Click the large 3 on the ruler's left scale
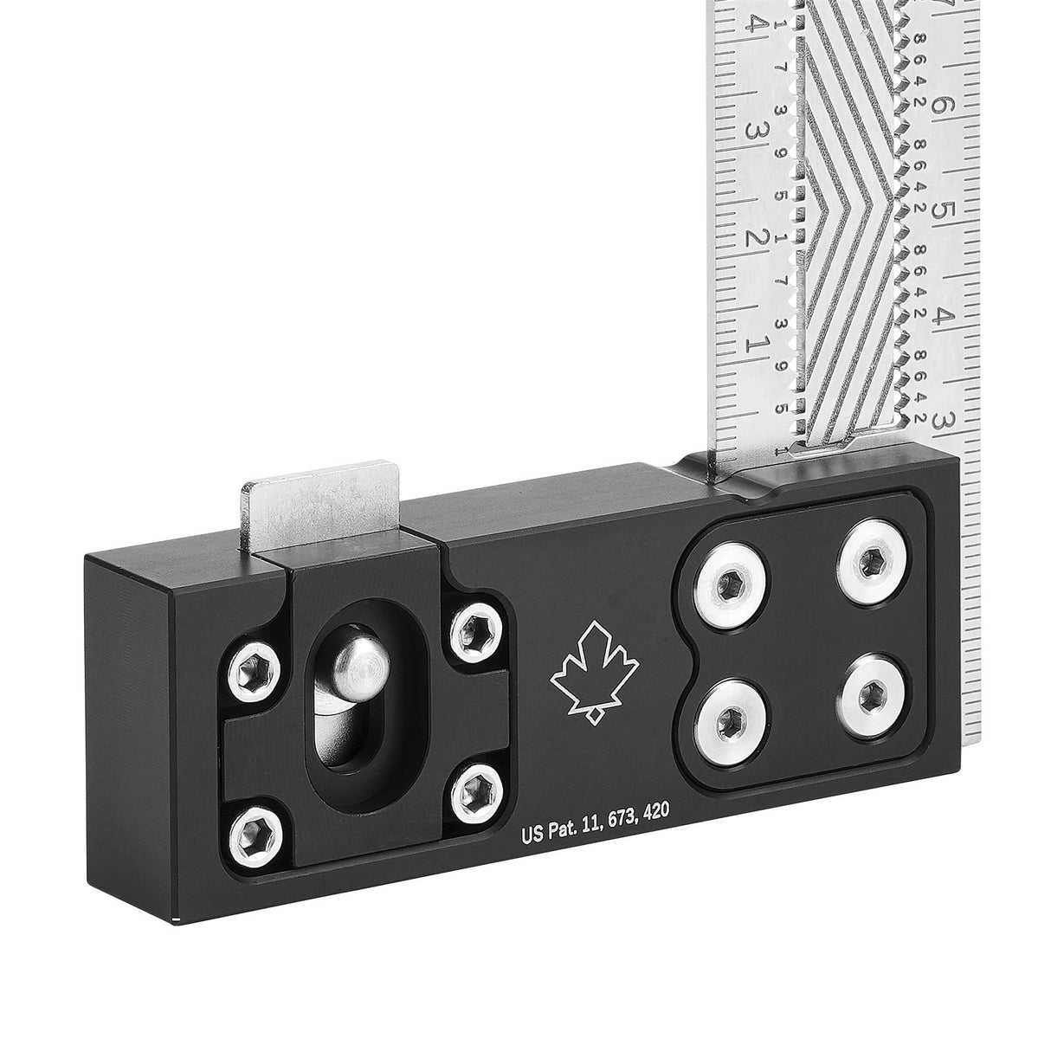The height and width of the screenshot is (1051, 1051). [x=755, y=132]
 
